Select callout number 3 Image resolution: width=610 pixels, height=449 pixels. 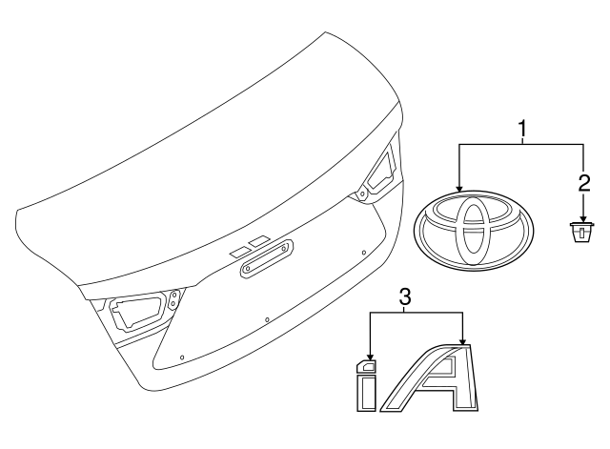click(405, 298)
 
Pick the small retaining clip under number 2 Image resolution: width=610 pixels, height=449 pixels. click(581, 232)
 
